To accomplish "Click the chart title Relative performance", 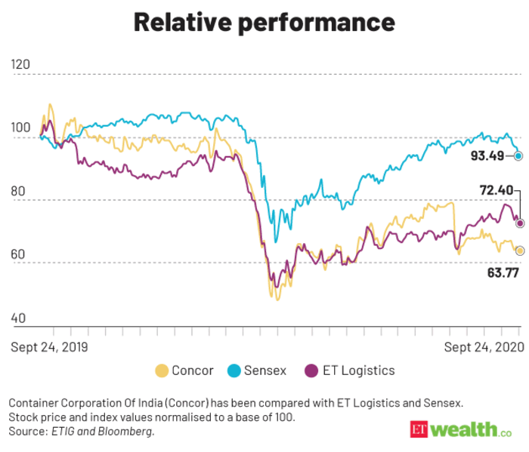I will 264,23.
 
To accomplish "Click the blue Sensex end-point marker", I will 518,156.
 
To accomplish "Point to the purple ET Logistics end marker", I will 519,223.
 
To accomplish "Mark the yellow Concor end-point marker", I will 519,250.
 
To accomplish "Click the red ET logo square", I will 419,429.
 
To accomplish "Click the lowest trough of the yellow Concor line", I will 277,300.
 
